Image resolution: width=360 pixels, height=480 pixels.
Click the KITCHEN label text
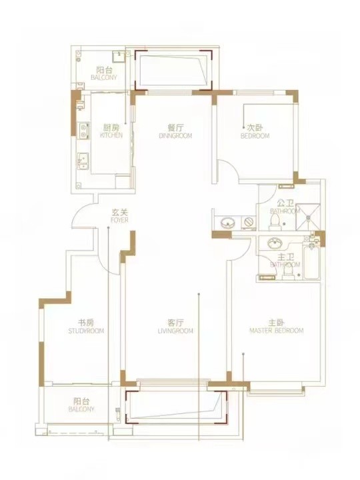(x=111, y=135)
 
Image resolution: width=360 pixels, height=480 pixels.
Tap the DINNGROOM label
(x=175, y=135)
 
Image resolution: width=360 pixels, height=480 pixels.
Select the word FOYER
(x=120, y=220)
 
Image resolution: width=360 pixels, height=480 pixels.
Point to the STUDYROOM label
(x=86, y=331)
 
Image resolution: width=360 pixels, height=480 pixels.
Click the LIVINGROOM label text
(x=175, y=331)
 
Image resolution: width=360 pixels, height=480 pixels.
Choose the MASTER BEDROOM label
(x=277, y=331)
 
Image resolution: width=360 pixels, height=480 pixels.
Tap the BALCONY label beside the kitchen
(x=104, y=77)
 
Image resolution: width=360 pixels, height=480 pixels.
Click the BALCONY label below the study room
(x=81, y=409)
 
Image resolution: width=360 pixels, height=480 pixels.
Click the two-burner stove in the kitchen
(x=83, y=131)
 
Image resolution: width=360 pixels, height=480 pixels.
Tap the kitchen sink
(x=83, y=161)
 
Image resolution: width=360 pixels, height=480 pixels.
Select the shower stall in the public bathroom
(x=309, y=217)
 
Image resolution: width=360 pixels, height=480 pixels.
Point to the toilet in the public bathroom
(x=275, y=222)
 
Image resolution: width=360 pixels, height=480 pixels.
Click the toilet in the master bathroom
(x=288, y=271)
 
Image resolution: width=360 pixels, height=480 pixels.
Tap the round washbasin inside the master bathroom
(x=275, y=244)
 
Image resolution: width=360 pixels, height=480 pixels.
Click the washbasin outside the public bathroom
(x=227, y=223)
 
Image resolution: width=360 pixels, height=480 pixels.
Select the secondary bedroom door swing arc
(x=229, y=169)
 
